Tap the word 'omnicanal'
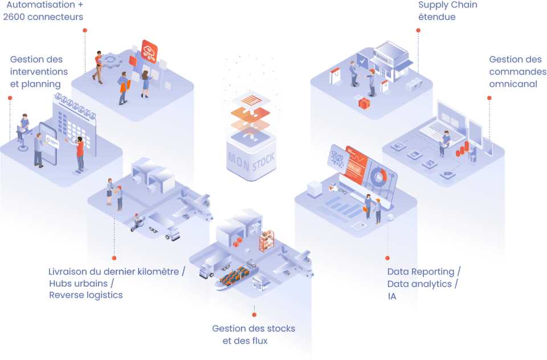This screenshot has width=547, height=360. [x=513, y=84]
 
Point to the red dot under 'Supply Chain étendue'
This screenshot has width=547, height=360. [x=418, y=30]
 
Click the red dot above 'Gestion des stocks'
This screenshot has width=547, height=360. [x=254, y=314]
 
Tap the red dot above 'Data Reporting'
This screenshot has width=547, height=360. [x=387, y=258]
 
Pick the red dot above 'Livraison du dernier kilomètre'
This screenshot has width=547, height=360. [x=114, y=258]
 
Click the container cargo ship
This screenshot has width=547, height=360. [x=236, y=277]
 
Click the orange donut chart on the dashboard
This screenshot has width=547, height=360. [x=378, y=177]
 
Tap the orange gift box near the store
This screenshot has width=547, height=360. [x=364, y=104]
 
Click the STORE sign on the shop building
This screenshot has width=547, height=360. [x=382, y=59]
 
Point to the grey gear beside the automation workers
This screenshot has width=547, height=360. [x=111, y=60]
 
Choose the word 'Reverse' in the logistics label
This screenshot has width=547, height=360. [x=66, y=295]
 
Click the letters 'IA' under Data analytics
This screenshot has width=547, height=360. [x=392, y=296]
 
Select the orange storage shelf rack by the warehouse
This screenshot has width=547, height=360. [x=267, y=241]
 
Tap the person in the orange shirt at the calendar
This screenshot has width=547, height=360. [x=80, y=154]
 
